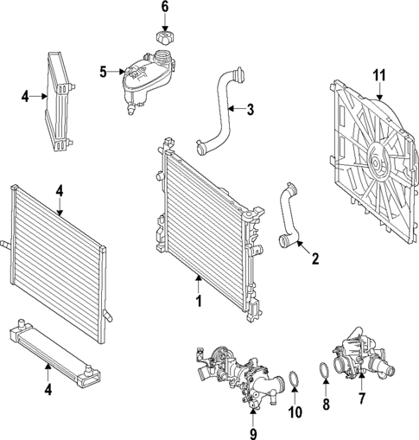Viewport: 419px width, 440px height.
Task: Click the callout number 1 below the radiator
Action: (198, 302)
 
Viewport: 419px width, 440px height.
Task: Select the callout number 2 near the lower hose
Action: (315, 258)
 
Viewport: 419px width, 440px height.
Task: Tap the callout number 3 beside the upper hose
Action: (250, 110)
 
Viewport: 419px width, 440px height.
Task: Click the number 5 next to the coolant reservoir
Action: (103, 73)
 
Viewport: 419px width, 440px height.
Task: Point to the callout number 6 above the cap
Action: (164, 8)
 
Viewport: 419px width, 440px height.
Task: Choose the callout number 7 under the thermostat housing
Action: (363, 399)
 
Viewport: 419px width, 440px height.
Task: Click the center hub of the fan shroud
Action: (378, 162)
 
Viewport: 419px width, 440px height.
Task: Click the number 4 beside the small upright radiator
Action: (26, 96)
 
